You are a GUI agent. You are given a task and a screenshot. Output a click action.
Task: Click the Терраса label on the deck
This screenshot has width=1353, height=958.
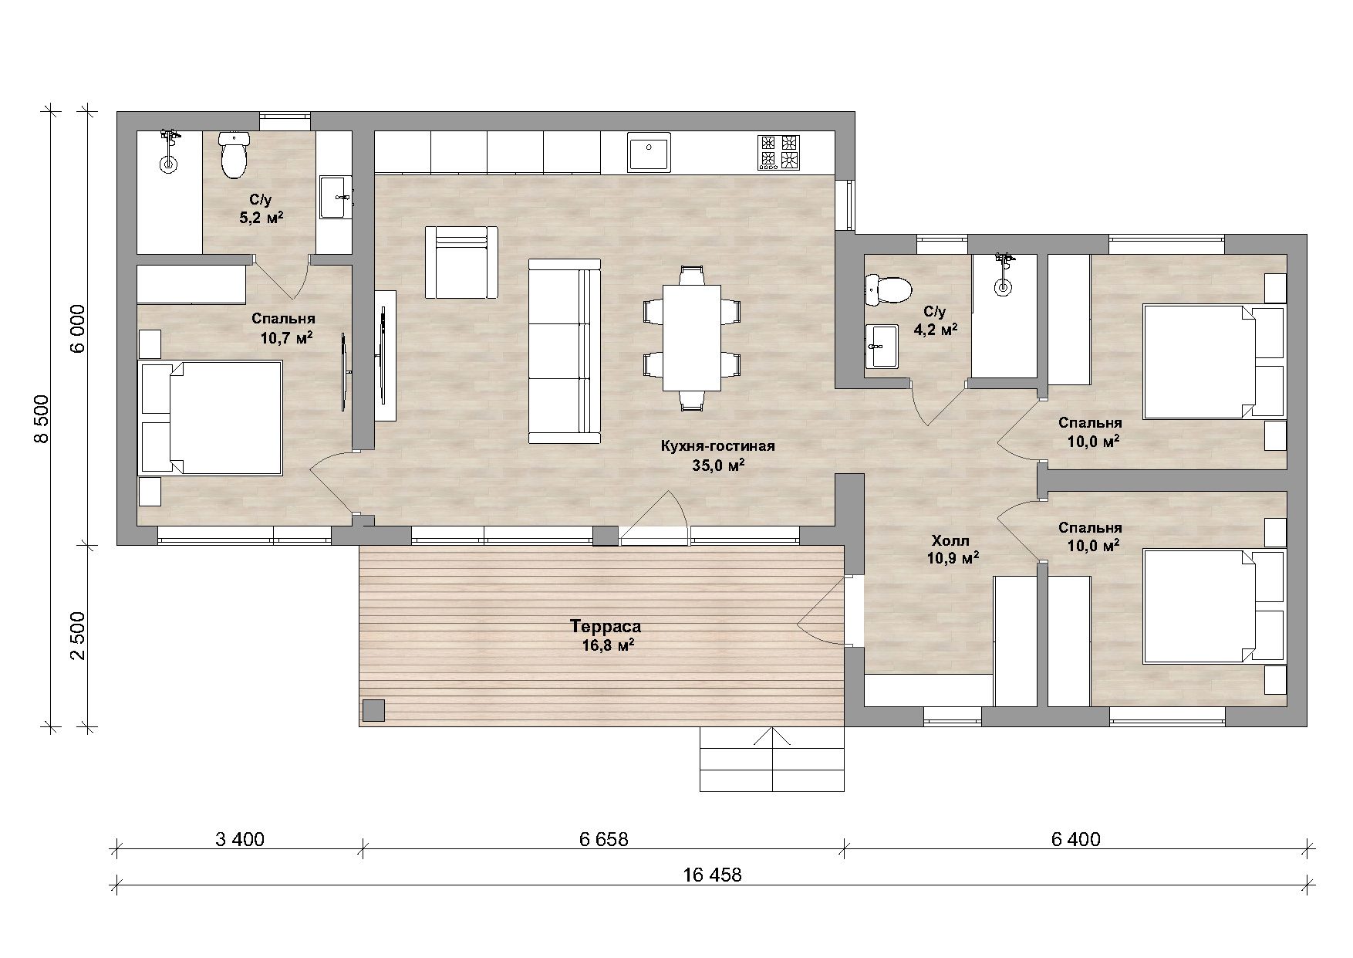(606, 626)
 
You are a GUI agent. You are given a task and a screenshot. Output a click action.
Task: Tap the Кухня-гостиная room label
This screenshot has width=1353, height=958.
(717, 446)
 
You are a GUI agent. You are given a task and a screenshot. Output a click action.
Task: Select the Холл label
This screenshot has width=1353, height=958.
(950, 540)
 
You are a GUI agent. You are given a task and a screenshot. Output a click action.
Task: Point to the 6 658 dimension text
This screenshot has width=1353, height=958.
(604, 839)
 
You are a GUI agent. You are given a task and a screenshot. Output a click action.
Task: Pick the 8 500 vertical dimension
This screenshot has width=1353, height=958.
(42, 418)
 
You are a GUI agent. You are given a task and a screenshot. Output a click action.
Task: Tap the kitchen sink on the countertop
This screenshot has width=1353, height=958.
(649, 151)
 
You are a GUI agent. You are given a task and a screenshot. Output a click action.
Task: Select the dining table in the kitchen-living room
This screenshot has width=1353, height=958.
(691, 337)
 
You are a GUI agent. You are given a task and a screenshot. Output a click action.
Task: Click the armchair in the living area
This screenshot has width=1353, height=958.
(461, 262)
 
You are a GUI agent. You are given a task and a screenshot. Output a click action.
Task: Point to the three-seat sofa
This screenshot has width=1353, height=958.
(564, 351)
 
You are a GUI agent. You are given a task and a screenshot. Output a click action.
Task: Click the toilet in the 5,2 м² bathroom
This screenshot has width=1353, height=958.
(233, 154)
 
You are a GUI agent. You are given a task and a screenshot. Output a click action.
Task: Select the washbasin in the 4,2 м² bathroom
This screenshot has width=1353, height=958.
(882, 346)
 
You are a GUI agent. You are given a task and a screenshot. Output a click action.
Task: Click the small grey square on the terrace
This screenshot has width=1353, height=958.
(374, 710)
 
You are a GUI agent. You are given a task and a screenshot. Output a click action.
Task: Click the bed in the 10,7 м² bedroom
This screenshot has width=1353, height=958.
(210, 418)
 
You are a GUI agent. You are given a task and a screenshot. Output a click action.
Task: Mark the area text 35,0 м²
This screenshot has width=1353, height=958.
(717, 465)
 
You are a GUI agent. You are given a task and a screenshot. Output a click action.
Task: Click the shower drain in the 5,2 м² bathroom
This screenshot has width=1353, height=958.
(168, 164)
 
